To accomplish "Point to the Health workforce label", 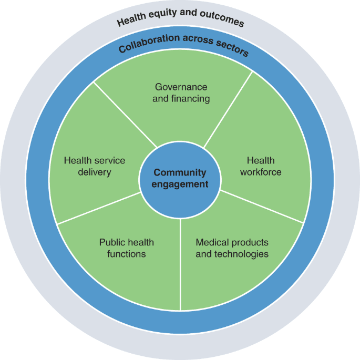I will coord(261,166).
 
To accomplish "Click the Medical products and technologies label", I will coord(232,248).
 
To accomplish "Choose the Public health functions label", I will coord(127,248).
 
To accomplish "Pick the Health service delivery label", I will coord(95,166).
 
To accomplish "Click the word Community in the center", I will coord(180,173).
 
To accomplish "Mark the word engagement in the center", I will coord(180,184).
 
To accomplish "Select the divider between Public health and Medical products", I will coord(180,263).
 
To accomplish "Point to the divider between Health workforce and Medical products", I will coord(263,206).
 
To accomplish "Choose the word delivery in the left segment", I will coord(95,172).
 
